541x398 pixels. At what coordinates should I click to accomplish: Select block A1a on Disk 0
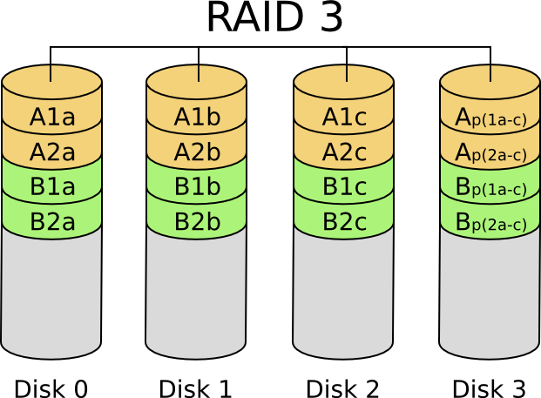(52, 118)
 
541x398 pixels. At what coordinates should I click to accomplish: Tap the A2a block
(52, 152)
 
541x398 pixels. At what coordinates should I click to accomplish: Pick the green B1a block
(52, 186)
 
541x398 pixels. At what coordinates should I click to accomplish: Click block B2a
(52, 221)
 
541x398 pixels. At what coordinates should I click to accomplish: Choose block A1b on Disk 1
(197, 118)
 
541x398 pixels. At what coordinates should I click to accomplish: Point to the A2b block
(197, 152)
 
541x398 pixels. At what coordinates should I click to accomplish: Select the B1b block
(197, 186)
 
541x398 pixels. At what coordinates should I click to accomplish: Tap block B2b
(197, 221)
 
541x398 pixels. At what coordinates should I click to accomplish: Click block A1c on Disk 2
(344, 118)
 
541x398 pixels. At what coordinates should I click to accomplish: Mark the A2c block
(344, 152)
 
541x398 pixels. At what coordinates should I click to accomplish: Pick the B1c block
(344, 186)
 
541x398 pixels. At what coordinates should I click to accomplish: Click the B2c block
(344, 221)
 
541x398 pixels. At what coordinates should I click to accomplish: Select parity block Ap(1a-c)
(490, 118)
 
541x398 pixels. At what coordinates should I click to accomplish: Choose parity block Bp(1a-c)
(490, 187)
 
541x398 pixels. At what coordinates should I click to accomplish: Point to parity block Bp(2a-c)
(490, 222)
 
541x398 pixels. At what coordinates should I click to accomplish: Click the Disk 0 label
(51, 388)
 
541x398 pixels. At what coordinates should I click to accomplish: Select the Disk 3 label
(489, 388)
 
